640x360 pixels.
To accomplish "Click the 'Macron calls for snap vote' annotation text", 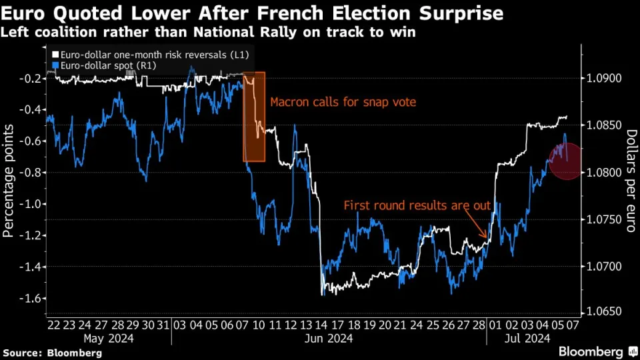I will (x=343, y=103).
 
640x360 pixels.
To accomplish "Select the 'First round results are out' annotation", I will (x=417, y=206).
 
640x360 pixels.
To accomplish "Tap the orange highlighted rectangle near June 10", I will (x=254, y=117).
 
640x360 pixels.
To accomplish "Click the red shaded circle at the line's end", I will (x=565, y=161).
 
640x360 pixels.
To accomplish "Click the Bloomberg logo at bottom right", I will (x=595, y=351).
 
